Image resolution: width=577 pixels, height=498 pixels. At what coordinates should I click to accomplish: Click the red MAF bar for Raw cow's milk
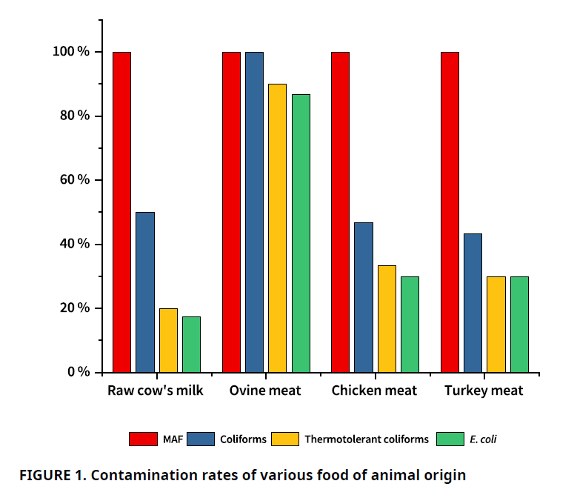(122, 212)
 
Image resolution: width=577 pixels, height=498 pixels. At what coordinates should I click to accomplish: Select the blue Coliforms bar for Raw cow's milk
(145, 292)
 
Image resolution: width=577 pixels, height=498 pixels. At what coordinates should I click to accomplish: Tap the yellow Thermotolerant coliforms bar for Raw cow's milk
(168, 340)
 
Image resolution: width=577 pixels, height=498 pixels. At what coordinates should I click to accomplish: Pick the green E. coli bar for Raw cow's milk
(191, 344)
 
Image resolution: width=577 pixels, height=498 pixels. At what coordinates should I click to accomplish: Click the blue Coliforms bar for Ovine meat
(255, 212)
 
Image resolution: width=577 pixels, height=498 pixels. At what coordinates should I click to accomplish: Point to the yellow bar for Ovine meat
(277, 228)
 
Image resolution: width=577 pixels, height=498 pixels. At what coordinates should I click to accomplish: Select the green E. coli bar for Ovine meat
(301, 233)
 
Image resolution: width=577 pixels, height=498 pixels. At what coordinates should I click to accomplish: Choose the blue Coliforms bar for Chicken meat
(364, 296)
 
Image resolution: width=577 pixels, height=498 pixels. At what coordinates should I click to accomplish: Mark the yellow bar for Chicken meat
(387, 319)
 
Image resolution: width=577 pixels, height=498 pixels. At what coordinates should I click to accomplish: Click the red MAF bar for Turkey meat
(450, 212)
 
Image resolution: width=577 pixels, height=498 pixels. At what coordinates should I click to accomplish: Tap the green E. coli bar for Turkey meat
(519, 324)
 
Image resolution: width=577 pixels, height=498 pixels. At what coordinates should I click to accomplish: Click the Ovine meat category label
(265, 391)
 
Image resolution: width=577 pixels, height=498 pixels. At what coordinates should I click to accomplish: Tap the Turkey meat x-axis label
(484, 391)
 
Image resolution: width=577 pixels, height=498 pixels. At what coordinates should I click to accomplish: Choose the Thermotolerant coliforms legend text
(366, 439)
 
